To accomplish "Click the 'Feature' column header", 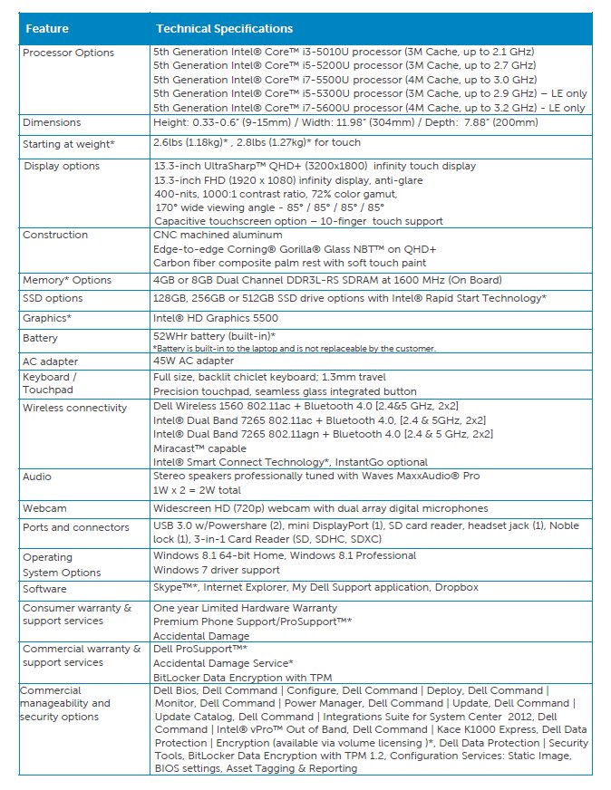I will click(47, 29).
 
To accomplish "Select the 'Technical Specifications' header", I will click(224, 29).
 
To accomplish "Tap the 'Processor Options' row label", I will click(68, 53).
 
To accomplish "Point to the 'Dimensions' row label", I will click(52, 122).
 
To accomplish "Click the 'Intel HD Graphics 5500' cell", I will click(216, 318).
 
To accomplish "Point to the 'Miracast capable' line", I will click(199, 448).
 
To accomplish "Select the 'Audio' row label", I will click(37, 477).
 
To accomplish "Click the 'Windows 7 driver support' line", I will click(217, 570).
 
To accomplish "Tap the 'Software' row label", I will click(44, 588).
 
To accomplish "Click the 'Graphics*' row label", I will click(47, 318).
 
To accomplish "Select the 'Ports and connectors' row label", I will click(76, 527).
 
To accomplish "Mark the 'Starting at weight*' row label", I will click(69, 144).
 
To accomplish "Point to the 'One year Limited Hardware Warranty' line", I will click(245, 608).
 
